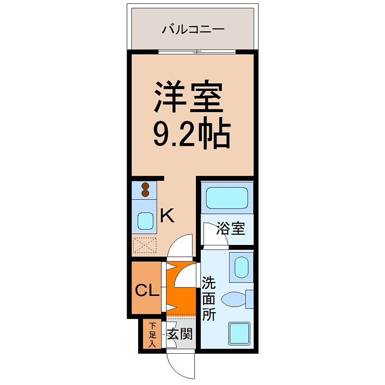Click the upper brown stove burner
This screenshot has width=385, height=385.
point(145,186)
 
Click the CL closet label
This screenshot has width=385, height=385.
point(145,290)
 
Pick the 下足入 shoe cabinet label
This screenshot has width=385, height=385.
point(152,334)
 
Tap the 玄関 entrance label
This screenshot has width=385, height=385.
point(180,334)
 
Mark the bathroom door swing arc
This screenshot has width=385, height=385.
point(212,236)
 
